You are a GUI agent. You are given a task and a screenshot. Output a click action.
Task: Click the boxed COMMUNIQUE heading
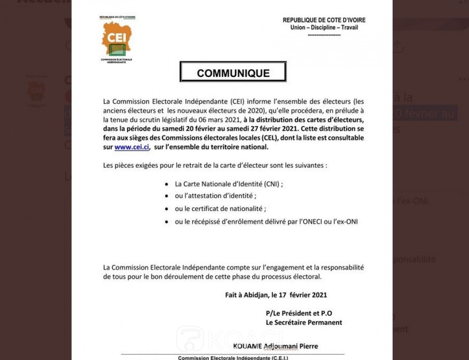click(233, 74)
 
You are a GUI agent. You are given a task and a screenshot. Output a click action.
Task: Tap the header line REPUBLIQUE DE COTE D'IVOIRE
click(324, 20)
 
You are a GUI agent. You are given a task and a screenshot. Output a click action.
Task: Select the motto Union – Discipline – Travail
click(324, 27)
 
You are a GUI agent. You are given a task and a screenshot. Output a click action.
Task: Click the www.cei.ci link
click(128, 147)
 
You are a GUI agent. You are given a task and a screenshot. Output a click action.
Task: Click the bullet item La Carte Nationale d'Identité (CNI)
click(229, 184)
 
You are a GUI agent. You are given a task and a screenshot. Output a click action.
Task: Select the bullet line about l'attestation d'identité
click(216, 196)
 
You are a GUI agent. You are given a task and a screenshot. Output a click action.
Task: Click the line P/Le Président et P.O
click(299, 313)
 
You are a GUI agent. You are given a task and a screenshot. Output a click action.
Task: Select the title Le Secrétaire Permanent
click(304, 322)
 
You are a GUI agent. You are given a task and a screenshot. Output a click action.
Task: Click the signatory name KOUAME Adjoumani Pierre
click(275, 346)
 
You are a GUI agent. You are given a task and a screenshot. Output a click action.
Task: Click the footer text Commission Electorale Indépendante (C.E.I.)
click(233, 358)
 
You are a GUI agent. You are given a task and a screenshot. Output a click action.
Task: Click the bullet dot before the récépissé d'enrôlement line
click(167, 221)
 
